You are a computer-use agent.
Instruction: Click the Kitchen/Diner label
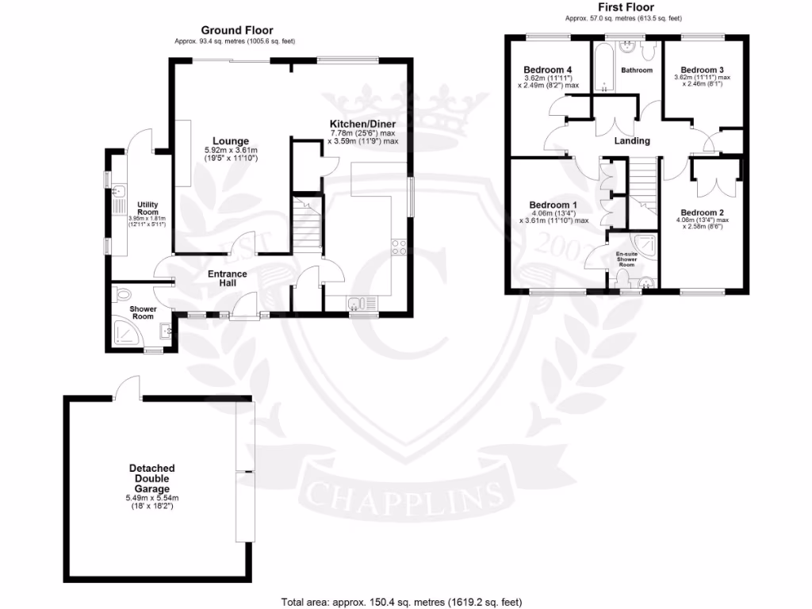tap(362, 124)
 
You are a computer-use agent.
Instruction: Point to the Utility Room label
tap(147, 208)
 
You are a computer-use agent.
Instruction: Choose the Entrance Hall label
tap(228, 279)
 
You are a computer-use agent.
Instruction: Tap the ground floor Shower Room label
tap(144, 312)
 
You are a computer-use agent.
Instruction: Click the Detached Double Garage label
tap(151, 478)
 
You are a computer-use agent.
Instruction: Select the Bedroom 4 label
tap(548, 68)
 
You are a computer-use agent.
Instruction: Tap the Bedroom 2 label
tap(702, 212)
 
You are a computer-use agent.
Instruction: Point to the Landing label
tap(632, 141)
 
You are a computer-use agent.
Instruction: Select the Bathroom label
tap(637, 71)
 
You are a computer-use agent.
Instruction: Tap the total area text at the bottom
tap(402, 602)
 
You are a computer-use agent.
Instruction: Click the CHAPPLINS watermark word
tap(404, 496)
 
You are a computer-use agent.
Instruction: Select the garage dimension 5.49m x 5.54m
tap(152, 498)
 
